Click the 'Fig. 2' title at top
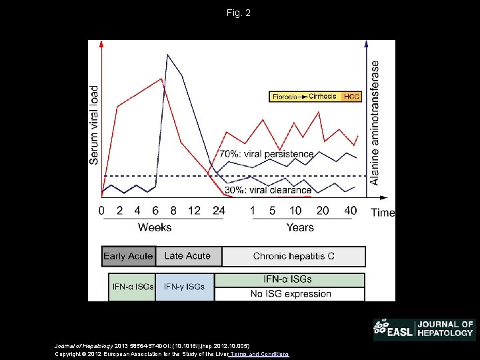click(239, 13)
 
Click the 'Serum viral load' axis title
click(94, 125)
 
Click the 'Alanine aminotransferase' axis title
click(375, 123)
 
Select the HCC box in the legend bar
click(351, 97)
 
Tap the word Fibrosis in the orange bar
click(285, 97)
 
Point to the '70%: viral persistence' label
click(267, 154)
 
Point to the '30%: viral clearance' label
click(268, 190)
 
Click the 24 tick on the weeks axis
click(218, 211)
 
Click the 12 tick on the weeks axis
click(194, 211)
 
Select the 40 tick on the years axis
click(350, 211)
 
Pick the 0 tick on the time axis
click(101, 211)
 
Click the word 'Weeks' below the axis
click(155, 227)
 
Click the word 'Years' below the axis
click(300, 227)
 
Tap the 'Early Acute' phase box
click(128, 256)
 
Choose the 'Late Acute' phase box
click(187, 256)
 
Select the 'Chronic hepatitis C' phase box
click(293, 256)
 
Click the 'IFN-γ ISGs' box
click(185, 287)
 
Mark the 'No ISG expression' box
click(290, 294)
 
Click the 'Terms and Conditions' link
click(259, 354)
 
